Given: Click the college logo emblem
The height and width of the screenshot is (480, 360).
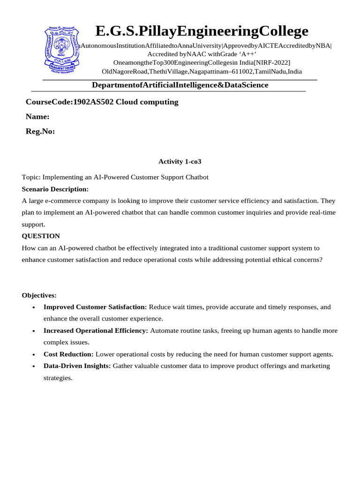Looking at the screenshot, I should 62,50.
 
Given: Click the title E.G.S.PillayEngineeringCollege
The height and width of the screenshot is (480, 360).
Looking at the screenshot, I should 202,31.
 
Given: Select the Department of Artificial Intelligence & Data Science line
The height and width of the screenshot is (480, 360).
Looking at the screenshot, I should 180,85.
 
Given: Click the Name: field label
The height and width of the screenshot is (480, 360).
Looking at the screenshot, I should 37,117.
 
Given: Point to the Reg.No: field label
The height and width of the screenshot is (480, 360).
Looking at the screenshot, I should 40,131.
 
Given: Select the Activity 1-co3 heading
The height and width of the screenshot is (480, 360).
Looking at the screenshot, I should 180,161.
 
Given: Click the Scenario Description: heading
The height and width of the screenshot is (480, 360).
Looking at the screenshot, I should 55,189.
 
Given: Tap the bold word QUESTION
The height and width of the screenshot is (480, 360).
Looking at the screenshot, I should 41,236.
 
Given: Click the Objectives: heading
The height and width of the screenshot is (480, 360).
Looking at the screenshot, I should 39,295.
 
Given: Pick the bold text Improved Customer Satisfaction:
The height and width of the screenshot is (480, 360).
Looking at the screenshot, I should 95,307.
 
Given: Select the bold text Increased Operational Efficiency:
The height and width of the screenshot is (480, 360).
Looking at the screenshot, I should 96,330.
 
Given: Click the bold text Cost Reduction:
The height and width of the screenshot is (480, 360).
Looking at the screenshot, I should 68,354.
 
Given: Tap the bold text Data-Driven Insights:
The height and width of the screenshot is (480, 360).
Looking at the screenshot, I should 77,366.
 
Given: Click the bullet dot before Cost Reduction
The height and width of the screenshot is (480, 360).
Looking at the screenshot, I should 34,355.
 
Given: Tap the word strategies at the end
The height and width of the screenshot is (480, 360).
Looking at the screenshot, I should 58,378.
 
